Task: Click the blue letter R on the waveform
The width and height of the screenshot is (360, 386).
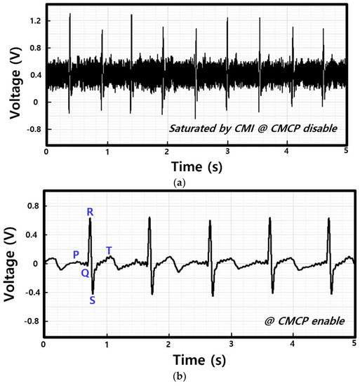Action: pyautogui.click(x=90, y=212)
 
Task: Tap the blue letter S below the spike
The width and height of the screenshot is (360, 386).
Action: pyautogui.click(x=93, y=301)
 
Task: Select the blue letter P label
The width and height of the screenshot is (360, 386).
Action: pyautogui.click(x=76, y=254)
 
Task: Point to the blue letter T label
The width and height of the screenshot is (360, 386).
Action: pyautogui.click(x=109, y=251)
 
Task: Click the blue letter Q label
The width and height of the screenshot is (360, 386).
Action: pyautogui.click(x=84, y=273)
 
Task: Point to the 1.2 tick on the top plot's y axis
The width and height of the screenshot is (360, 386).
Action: pyautogui.click(x=35, y=22)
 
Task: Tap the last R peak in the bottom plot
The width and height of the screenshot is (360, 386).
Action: pyautogui.click(x=328, y=219)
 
